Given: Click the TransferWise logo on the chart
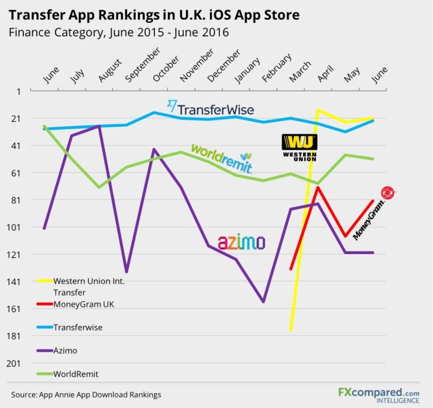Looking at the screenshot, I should tap(211, 108).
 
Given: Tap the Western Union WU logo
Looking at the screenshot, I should tap(299, 148).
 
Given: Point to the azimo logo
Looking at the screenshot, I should tap(241, 242).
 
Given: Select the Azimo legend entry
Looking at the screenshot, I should tap(65, 350).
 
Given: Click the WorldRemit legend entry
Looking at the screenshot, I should tap(75, 373).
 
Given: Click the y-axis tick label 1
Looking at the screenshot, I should tap(18, 91).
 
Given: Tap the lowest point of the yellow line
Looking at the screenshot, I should tap(291, 330).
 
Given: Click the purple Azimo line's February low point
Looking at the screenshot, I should tap(263, 301).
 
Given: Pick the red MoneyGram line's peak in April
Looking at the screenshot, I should tap(318, 188).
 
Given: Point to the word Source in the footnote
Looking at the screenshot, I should tap(23, 395).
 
